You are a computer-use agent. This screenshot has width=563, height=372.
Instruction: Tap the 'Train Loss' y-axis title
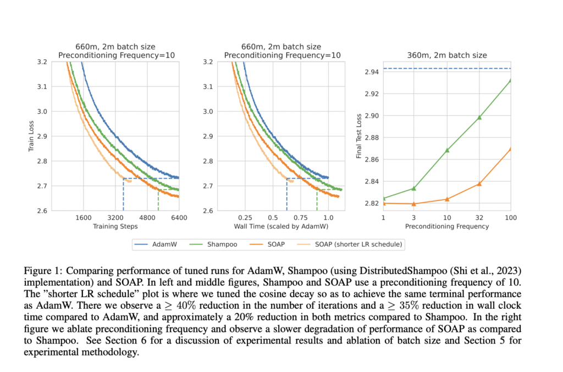31,136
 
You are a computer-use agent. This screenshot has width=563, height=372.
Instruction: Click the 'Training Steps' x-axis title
115,226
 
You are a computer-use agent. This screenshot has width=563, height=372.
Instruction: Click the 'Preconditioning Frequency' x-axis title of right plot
446,226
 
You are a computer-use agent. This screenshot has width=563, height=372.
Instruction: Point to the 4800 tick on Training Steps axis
147,218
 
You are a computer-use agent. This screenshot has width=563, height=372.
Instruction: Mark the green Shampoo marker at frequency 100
511,80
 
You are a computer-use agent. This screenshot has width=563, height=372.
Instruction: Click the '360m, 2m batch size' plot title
446,55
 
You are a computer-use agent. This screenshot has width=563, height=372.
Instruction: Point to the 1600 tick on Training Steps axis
83,218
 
